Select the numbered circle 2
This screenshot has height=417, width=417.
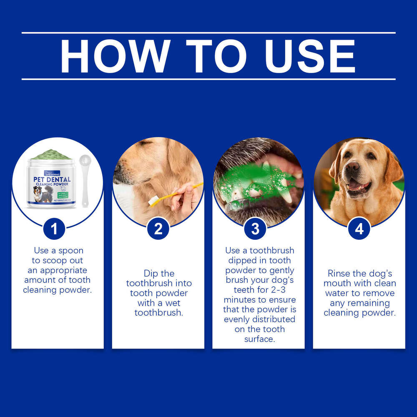pyautogui.click(x=158, y=229)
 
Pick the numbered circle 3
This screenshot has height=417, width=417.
pyautogui.click(x=255, y=229)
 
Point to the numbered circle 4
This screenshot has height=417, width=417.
pyautogui.click(x=359, y=229)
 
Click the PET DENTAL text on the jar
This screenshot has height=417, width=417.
pyautogui.click(x=52, y=179)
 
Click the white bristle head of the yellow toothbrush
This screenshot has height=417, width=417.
pyautogui.click(x=153, y=201)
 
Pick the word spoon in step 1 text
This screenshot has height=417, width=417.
pyautogui.click(x=71, y=251)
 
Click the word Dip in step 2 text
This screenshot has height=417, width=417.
pyautogui.click(x=153, y=274)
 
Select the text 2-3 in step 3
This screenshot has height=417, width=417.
pyautogui.click(x=285, y=290)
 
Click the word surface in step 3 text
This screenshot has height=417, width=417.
pyautogui.click(x=259, y=339)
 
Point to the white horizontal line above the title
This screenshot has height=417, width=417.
pyautogui.click(x=208, y=33)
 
